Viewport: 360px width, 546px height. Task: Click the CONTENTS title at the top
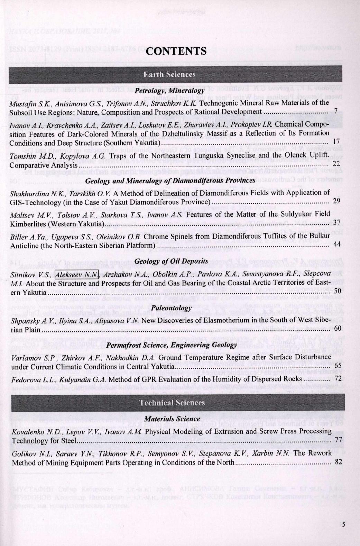tap(176, 51)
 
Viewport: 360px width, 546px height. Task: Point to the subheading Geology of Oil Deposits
tap(171, 261)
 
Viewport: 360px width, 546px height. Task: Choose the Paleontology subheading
tap(171, 308)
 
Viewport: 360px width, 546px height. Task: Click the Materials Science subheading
tap(172, 419)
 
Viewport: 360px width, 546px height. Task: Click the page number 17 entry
tap(336, 142)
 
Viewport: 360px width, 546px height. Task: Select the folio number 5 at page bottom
tap(343, 524)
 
